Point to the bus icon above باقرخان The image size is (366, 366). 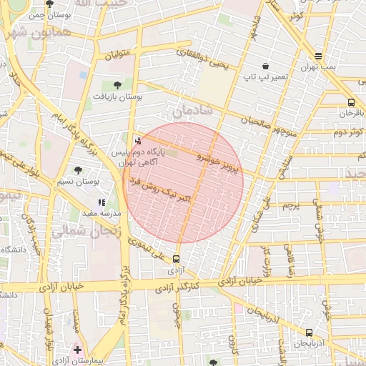point(351,102)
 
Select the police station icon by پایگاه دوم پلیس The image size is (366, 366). point(137,141)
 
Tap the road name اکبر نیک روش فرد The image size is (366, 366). point(159,188)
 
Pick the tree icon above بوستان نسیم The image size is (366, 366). point(78,170)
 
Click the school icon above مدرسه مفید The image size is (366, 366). point(102,203)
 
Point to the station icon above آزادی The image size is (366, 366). point(177,259)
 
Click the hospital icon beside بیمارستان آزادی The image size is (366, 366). point(77,350)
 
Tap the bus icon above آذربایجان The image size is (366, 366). point(309,332)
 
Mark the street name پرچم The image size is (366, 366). point(290,205)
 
